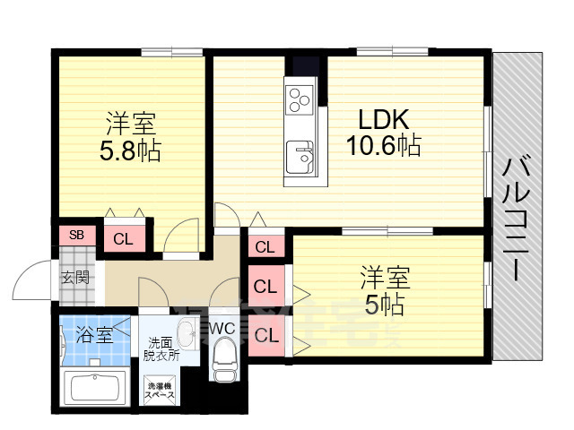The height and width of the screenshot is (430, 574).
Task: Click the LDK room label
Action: [384, 119]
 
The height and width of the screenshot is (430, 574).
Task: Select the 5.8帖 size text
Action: [130, 150]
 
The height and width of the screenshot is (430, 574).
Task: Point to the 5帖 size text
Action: [383, 305]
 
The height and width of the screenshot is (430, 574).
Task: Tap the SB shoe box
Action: [77, 236]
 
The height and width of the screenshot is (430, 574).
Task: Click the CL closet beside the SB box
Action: [123, 239]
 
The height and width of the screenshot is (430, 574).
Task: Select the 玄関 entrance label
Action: [75, 277]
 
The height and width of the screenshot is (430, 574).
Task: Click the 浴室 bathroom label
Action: [93, 336]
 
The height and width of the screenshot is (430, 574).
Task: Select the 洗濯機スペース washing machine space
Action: [161, 391]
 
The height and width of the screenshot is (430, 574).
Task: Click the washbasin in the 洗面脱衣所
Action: [186, 336]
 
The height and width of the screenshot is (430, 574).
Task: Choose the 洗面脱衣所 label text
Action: [161, 348]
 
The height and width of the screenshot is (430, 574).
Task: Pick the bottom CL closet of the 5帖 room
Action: [265, 336]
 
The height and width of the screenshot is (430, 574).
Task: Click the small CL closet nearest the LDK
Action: [265, 247]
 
